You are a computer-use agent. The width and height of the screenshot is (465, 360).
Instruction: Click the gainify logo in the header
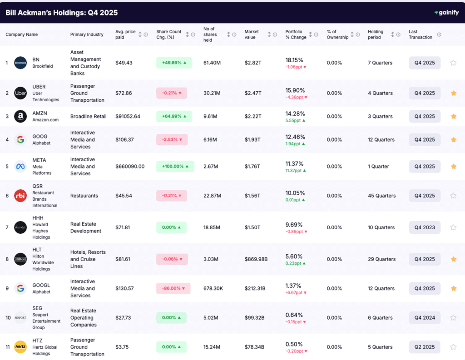coord(446,13)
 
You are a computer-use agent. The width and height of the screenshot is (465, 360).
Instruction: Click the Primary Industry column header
coord(87,35)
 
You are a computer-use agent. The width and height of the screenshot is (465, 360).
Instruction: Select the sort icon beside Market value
coord(269,35)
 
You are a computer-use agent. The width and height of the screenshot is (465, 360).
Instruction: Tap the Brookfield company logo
coord(20,63)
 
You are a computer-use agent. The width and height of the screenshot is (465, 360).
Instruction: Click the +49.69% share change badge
coord(174,63)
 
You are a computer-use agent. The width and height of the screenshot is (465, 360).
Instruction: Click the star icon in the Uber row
coord(453,93)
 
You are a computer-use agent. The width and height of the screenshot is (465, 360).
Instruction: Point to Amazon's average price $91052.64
coord(128,116)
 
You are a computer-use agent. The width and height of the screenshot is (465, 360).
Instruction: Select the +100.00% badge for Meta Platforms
coord(175,167)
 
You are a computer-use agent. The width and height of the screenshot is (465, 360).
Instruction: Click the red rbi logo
coord(20,196)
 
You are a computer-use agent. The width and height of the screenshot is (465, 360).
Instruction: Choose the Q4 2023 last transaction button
coord(425,227)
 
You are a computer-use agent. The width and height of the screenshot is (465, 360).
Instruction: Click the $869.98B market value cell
coord(256,259)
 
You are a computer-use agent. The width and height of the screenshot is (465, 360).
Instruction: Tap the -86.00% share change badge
coord(173,288)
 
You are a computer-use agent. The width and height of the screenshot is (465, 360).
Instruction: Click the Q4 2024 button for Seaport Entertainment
coord(425,318)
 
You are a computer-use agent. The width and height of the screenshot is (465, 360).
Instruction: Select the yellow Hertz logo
coord(20,347)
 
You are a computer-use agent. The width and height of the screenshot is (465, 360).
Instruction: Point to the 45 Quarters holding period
coord(381,196)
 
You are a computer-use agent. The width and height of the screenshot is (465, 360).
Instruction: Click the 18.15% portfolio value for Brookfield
coord(294,60)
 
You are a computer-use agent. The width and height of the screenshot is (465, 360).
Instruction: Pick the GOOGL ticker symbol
coord(41,285)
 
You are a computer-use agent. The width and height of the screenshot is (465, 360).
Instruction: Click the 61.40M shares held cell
coord(212,63)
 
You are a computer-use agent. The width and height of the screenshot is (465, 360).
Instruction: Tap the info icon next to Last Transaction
coord(439,35)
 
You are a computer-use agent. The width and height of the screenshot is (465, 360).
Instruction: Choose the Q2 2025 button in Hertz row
coord(425,347)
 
